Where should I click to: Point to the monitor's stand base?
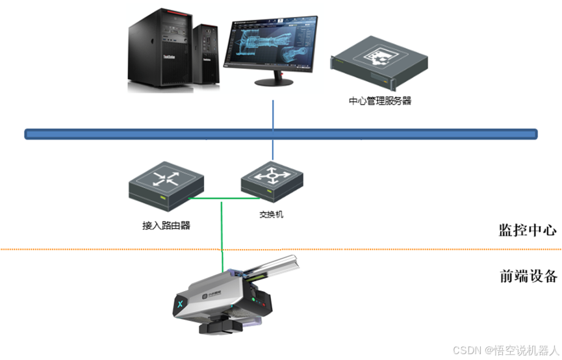tap(272, 82)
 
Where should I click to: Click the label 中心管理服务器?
tap(380, 101)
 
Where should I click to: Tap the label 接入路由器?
tap(166, 225)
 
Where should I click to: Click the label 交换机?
tap(271, 214)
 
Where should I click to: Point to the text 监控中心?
tap(528, 229)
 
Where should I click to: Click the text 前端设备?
tap(528, 276)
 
